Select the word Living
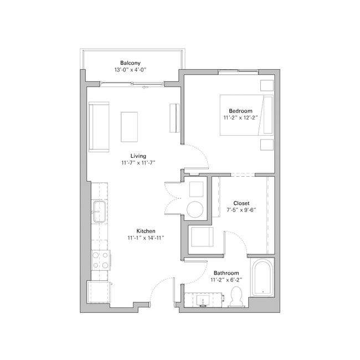click(138, 156)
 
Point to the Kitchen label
click(146, 230)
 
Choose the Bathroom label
click(226, 273)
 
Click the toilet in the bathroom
click(236, 296)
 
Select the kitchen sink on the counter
click(99, 212)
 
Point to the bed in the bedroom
click(246, 115)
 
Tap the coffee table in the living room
click(129, 126)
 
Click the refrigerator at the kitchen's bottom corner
click(99, 292)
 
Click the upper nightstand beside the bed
click(266, 85)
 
